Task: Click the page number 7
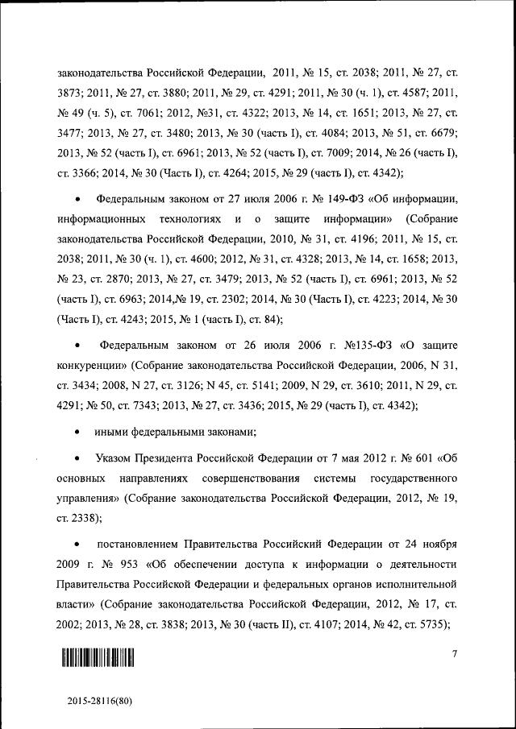pyautogui.click(x=454, y=653)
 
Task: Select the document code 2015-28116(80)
pyautogui.click(x=99, y=702)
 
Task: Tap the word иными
pyautogui.click(x=110, y=431)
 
